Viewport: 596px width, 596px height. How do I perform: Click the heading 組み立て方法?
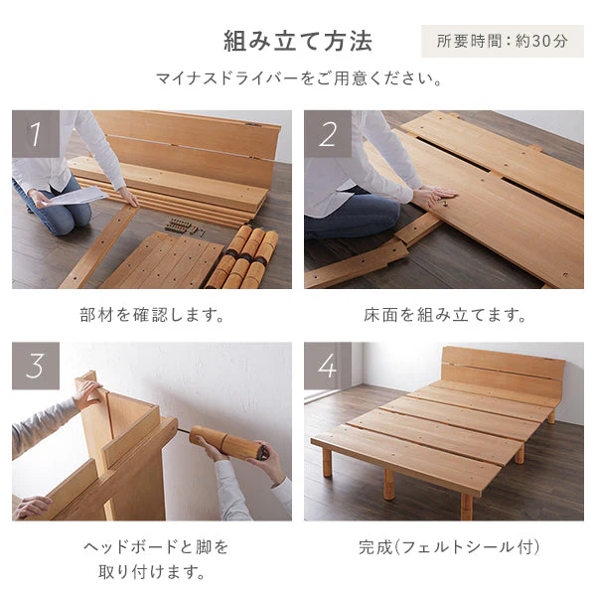coord(298,41)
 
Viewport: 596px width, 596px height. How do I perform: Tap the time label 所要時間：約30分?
coord(502,41)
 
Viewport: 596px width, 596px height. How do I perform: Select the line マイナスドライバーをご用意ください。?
coord(299,78)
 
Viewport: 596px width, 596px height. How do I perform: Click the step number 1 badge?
coord(36,134)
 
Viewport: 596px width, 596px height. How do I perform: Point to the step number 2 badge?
coord(328,134)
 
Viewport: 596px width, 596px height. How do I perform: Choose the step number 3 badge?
coord(36,366)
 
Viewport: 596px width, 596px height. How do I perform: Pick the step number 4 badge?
coord(328,366)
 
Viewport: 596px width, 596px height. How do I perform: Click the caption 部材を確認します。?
coord(152,315)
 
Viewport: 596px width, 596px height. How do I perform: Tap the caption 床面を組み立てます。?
coord(444,315)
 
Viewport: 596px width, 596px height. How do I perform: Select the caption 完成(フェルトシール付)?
coord(449,547)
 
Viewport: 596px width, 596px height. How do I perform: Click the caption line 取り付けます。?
coord(152,571)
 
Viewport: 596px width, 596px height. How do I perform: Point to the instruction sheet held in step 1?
coord(75,196)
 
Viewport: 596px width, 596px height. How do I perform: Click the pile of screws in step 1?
coord(184,226)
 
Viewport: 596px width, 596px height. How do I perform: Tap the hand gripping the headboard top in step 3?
coord(88,394)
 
